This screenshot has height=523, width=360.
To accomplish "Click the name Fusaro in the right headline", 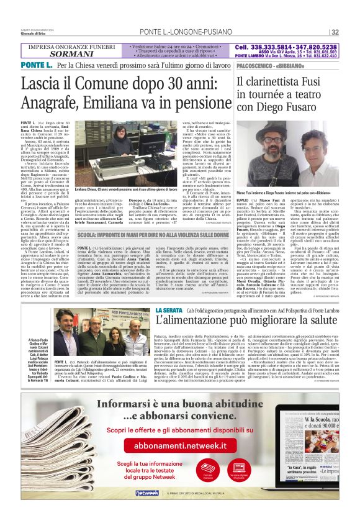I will click(308, 107).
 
